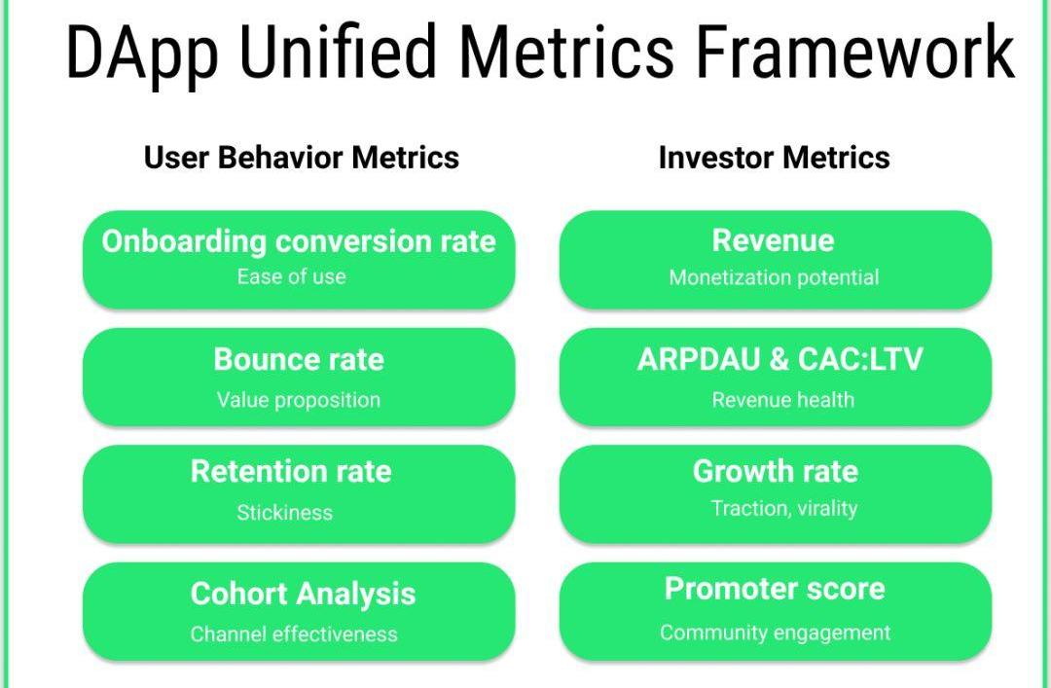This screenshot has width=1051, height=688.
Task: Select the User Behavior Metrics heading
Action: click(302, 159)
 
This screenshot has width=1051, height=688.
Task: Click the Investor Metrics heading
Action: click(775, 159)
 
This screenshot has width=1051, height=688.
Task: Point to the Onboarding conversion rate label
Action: click(299, 241)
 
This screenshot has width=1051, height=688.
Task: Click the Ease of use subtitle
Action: click(292, 276)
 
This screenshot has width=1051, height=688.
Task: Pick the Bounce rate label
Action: click(299, 359)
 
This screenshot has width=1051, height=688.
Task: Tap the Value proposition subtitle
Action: click(299, 400)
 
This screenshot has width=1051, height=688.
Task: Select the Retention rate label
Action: click(291, 471)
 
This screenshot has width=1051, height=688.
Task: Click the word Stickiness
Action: click(285, 513)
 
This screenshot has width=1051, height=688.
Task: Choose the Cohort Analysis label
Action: click(303, 595)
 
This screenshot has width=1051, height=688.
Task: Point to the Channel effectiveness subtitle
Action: click(294, 634)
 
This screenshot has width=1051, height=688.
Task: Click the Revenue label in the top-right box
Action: click(774, 240)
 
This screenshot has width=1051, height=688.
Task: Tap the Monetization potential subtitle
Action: click(775, 277)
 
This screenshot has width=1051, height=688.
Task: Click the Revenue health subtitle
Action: click(782, 400)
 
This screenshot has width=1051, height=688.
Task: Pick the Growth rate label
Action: click(776, 471)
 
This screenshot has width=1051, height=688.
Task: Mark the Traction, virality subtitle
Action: click(784, 509)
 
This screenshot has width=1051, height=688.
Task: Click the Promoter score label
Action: click(775, 589)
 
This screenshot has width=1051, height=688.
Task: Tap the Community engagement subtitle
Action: click(776, 633)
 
